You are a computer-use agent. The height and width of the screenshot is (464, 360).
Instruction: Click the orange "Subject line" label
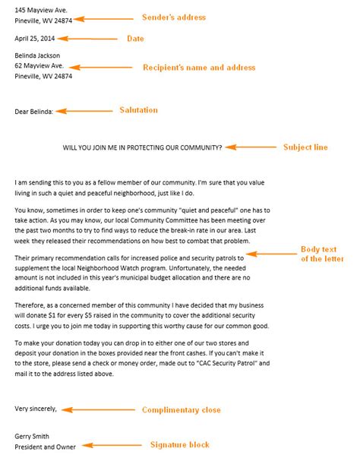(x=305, y=147)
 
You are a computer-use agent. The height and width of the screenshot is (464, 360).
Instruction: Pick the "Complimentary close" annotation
(x=182, y=410)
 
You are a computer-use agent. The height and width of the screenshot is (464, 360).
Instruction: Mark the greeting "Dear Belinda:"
(x=34, y=112)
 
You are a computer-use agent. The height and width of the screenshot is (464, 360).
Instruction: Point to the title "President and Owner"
(x=46, y=447)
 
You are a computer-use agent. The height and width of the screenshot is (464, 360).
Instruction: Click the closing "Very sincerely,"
(x=36, y=409)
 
